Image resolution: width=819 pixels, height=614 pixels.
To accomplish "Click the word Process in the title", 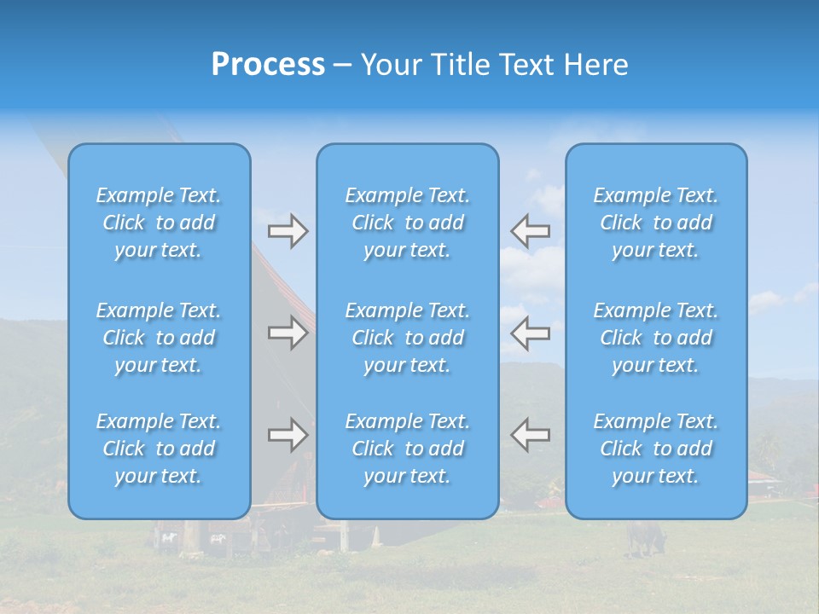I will coord(268,65).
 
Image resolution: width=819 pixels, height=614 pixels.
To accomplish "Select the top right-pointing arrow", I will coord(288,231).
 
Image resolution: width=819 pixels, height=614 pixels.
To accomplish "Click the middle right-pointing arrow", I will coord(288,333).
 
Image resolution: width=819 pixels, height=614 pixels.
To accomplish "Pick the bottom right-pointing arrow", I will coord(288,435).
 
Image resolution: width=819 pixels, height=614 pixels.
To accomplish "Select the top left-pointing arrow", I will coord(530,231).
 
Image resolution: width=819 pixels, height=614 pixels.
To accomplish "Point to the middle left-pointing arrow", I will coord(530,333).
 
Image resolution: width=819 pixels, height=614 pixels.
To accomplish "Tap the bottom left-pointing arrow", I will coord(530,435).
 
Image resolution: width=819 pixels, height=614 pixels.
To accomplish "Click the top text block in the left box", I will coord(159,223).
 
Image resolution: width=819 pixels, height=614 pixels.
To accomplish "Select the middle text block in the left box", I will coord(159,338).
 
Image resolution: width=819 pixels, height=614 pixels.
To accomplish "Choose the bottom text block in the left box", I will coord(159,449).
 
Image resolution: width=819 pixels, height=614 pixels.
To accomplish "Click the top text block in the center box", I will coord(407,223).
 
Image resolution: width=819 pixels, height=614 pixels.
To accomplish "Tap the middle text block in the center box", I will coord(407,338).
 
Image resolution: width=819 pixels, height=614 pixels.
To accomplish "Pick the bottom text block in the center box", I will coord(407,449).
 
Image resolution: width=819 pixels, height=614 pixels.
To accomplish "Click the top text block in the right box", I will coord(655,223).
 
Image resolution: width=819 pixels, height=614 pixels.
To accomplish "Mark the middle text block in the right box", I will coord(655,338).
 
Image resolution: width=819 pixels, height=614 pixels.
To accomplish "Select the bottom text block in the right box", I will coord(655,449).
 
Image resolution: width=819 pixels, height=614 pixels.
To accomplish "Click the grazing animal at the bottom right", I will coord(646,537).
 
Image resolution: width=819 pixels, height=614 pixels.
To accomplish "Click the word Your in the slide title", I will coord(391,65).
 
